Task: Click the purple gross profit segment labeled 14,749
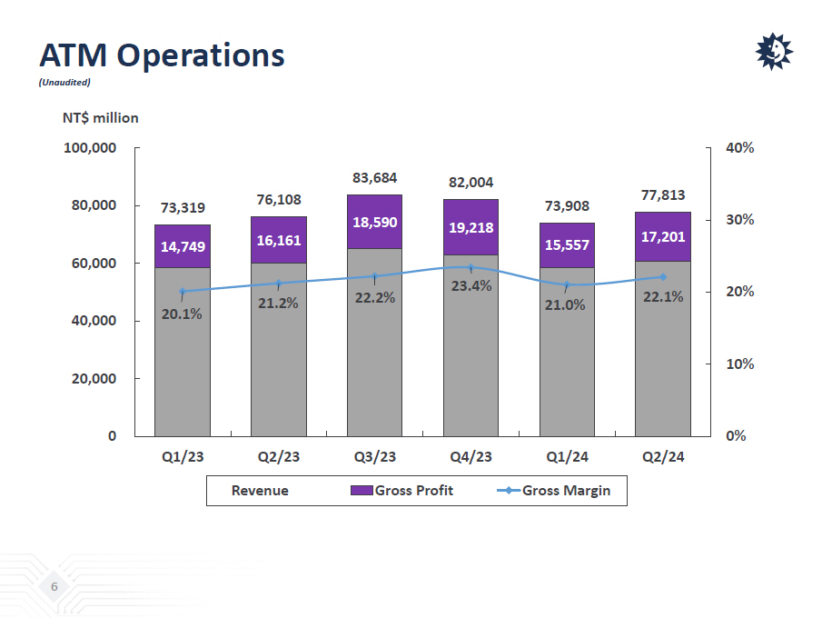pyautogui.click(x=182, y=246)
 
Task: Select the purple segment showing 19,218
pyautogui.click(x=470, y=227)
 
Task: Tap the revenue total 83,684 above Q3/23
pyautogui.click(x=374, y=178)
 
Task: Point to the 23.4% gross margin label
pyautogui.click(x=471, y=286)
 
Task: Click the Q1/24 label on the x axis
pyautogui.click(x=567, y=457)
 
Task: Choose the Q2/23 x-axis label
pyautogui.click(x=278, y=457)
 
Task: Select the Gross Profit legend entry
pyautogui.click(x=402, y=491)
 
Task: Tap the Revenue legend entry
pyautogui.click(x=260, y=491)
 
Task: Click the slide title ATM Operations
pyautogui.click(x=162, y=55)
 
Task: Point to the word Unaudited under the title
pyautogui.click(x=64, y=83)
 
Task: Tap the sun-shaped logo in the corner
pyautogui.click(x=774, y=52)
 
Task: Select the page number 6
pyautogui.click(x=54, y=588)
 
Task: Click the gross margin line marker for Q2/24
pyautogui.click(x=663, y=277)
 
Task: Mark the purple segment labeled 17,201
pyautogui.click(x=663, y=236)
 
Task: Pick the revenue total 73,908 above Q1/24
pyautogui.click(x=567, y=206)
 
